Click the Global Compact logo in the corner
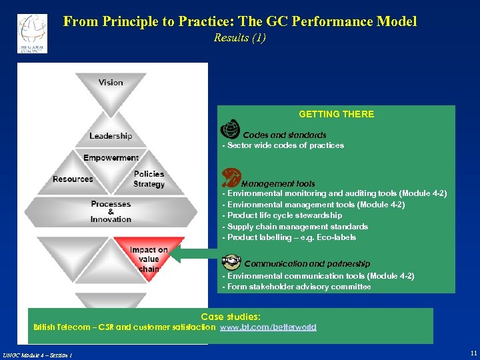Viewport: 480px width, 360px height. [32, 33]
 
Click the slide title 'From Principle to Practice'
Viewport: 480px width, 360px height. [240, 21]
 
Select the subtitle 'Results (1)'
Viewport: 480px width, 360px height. [240, 38]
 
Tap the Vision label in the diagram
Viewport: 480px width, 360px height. [111, 83]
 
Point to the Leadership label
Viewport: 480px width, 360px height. [111, 136]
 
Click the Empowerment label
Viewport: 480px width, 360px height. [111, 158]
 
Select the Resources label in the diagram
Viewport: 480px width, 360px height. [73, 179]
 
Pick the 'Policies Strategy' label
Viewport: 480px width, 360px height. [149, 179]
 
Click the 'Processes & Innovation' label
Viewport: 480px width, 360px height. [111, 211]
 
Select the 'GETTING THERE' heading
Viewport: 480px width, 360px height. [336, 114]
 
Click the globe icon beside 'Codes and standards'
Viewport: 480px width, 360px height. [230, 128]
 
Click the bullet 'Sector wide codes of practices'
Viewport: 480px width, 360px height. [285, 145]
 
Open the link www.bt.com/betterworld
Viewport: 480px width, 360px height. [269, 327]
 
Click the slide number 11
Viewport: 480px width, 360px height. [473, 353]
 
